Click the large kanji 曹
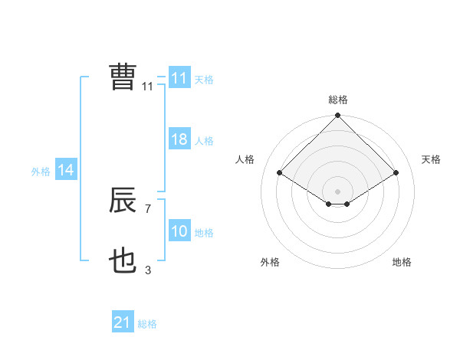123,77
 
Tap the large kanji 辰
123,201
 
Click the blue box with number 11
179,78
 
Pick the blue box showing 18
179,140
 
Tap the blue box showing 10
179,232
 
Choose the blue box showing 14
66,171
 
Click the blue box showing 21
122,323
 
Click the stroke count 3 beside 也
148,270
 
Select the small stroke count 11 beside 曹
147,87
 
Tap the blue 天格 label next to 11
204,80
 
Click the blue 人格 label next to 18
204,141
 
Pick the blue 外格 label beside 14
41,172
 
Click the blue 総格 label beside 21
147,324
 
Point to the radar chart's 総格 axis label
338,100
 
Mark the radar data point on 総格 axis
337,116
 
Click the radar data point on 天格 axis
396,173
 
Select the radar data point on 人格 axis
280,173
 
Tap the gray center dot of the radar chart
337,191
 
